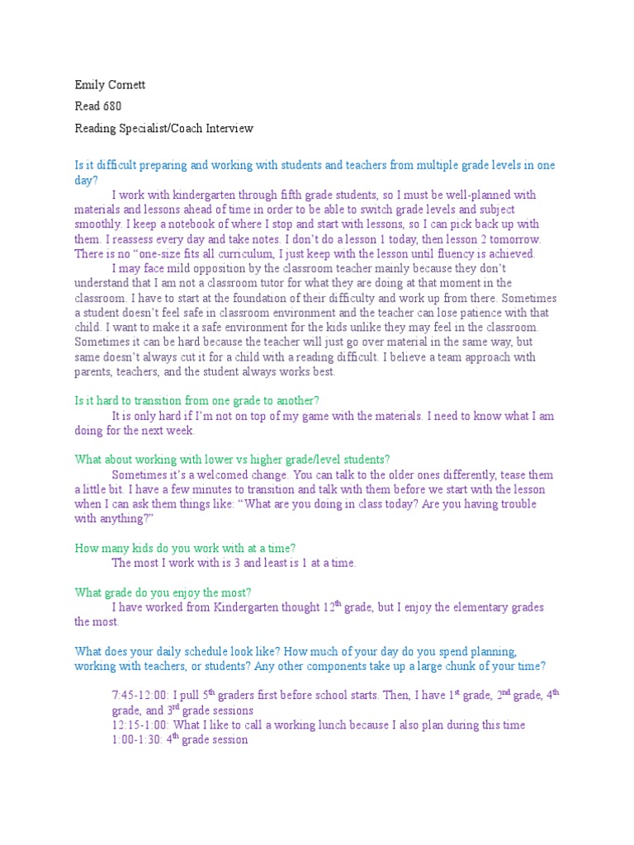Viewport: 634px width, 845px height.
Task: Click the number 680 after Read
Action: (x=112, y=106)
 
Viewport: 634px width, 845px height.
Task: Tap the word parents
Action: (x=93, y=372)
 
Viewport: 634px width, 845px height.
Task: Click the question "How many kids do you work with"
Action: (x=186, y=548)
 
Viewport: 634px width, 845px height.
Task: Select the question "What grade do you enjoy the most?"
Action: (x=163, y=592)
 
